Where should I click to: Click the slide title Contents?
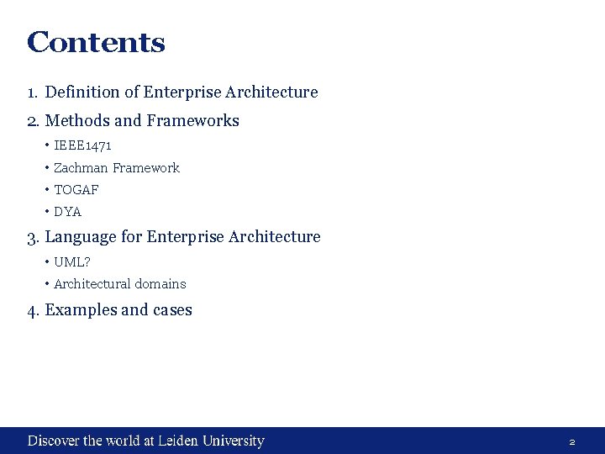pos(96,42)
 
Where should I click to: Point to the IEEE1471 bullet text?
pos(82,145)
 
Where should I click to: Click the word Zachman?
pos(81,167)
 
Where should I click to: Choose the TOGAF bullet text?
pos(76,189)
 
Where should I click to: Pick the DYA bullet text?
pos(68,211)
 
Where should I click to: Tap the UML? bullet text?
pos(72,261)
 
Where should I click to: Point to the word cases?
pos(172,309)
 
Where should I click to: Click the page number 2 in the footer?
pos(572,441)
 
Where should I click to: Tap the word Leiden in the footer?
pos(180,441)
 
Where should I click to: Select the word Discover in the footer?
pos(54,441)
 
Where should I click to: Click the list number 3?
pos(33,237)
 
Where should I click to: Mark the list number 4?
pos(33,310)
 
